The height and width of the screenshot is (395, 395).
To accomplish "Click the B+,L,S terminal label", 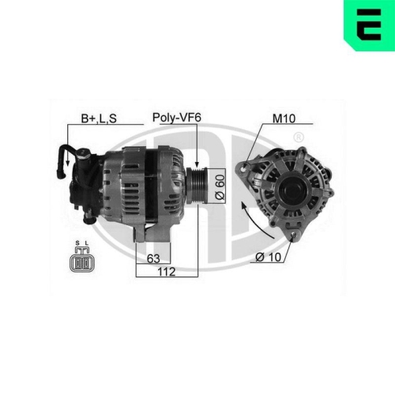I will [99, 120].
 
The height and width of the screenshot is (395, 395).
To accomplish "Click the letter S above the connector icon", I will [77, 244].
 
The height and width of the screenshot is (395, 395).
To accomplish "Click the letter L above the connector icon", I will [86, 244].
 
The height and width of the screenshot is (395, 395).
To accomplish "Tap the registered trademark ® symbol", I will [298, 138].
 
